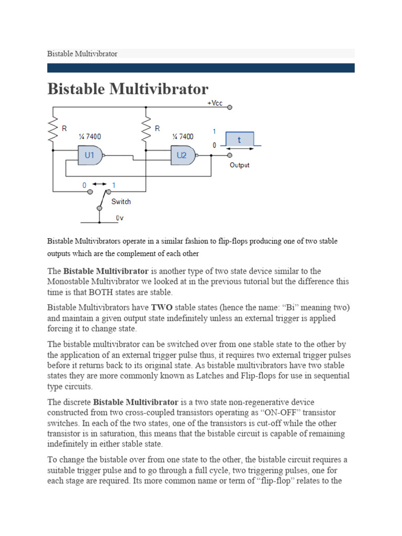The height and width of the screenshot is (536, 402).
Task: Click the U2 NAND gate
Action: (182, 155)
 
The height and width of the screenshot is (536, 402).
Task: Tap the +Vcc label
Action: (215, 104)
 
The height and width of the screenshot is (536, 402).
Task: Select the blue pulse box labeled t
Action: (240, 140)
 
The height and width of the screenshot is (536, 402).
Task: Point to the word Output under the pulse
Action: (240, 165)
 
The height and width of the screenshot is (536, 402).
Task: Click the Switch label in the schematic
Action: (121, 202)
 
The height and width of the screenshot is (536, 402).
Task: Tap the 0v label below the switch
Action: (120, 218)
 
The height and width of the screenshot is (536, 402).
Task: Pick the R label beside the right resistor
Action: (157, 128)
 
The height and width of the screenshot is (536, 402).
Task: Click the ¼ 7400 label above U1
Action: (90, 137)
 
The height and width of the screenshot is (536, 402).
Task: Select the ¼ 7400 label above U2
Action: (182, 137)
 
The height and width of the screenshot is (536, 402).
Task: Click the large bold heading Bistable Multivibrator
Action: (128, 89)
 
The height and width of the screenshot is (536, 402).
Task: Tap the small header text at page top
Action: (82, 53)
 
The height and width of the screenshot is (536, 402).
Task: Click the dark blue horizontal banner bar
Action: (201, 68)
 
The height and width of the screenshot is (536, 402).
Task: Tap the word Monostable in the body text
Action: (73, 282)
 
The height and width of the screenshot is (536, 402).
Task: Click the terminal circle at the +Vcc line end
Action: (229, 108)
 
